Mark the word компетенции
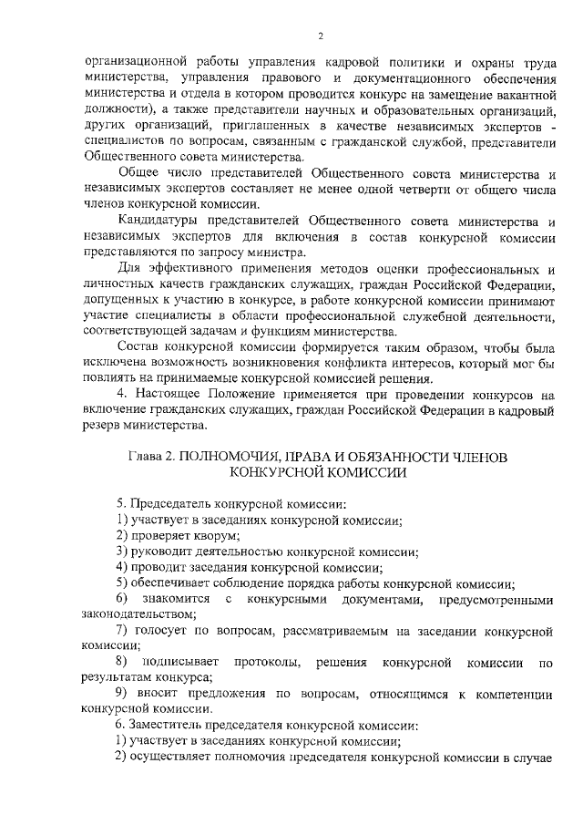pyautogui.click(x=510, y=693)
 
